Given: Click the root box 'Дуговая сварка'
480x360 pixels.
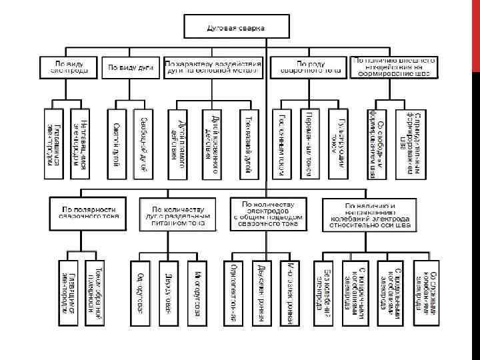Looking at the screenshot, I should pos(237,27).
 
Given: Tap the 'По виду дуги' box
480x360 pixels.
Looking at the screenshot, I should pos(131,67).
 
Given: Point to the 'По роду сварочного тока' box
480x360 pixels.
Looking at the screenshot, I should pos(307,66).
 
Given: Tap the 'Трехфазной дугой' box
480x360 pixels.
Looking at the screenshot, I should pos(247,143).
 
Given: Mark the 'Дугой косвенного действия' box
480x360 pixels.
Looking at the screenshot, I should pos(214,143).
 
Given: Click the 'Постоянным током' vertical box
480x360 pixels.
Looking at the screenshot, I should pos(282,143).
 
